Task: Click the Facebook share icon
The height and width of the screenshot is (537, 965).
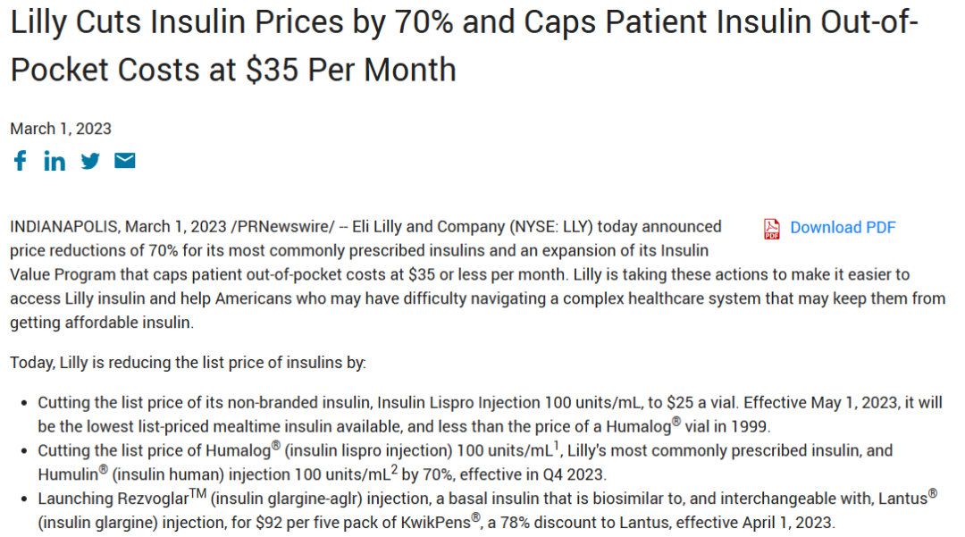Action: pyautogui.click(x=20, y=161)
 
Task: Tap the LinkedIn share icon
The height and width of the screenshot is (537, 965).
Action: pyautogui.click(x=55, y=161)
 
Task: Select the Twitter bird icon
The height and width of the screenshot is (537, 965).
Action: pyautogui.click(x=90, y=161)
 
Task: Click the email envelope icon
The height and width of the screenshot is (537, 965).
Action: pyautogui.click(x=125, y=161)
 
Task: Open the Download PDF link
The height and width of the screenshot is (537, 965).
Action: pyautogui.click(x=843, y=228)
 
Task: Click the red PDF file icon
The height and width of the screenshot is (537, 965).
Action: pyautogui.click(x=772, y=229)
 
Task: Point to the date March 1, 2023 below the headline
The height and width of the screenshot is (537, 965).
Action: pyautogui.click(x=61, y=129)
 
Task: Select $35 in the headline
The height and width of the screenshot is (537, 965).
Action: pyautogui.click(x=273, y=70)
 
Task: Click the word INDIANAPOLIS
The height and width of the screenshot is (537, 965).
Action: pyautogui.click(x=64, y=227)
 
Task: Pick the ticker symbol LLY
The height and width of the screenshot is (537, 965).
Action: pyautogui.click(x=575, y=227)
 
